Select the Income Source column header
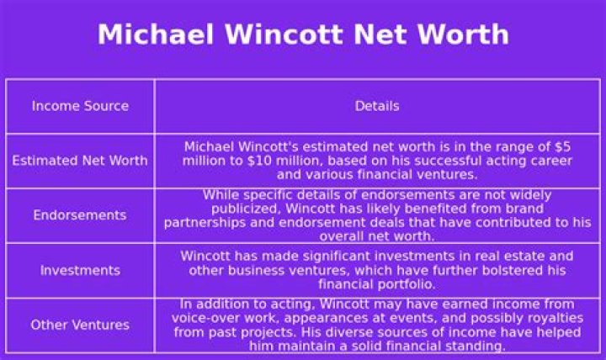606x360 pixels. (x=80, y=106)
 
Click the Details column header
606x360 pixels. (x=377, y=106)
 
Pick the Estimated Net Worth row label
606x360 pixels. (x=80, y=161)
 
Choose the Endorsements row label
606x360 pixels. (x=80, y=215)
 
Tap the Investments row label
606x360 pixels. (x=80, y=271)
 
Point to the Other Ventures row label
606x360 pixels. (x=80, y=325)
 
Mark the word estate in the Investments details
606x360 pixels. (x=513, y=256)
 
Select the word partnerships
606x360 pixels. (x=202, y=222)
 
